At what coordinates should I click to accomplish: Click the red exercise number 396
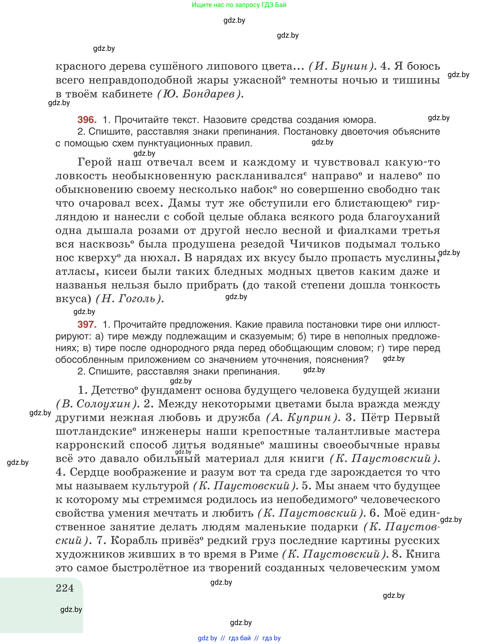coord(87,120)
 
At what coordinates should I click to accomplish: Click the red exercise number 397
coord(87,324)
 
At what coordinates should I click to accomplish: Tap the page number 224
coord(65,588)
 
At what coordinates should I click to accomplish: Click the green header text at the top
coord(239,5)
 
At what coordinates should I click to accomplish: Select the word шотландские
coord(94,431)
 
